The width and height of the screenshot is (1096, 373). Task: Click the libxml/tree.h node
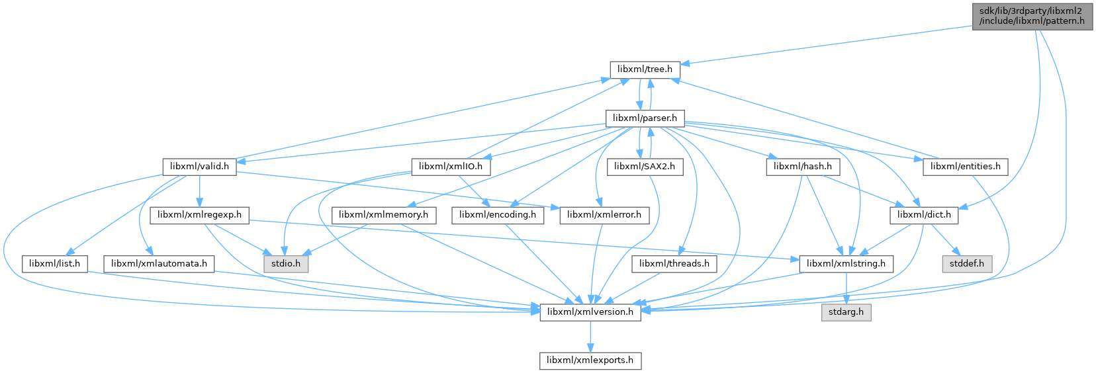coord(644,69)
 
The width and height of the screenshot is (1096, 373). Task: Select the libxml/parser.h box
coord(645,118)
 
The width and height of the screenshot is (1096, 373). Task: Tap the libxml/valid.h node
coord(199,166)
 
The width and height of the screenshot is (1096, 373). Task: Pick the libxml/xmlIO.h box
coord(451,166)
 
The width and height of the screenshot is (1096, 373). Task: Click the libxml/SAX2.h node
coord(644,166)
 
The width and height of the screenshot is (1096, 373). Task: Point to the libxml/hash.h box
coord(802,166)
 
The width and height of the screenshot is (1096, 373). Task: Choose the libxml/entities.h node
coord(965,166)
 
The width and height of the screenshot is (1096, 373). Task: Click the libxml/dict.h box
coord(923,215)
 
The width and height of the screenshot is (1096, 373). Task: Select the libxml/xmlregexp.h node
coord(200,215)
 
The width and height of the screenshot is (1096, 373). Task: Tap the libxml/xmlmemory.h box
coord(384,215)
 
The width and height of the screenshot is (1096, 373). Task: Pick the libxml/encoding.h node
coord(498,215)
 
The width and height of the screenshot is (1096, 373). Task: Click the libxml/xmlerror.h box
coord(604,215)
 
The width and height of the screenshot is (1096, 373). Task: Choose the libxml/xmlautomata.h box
coord(159,264)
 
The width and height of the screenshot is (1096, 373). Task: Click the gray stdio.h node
coord(285,264)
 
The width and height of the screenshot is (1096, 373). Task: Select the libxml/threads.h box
coord(674,264)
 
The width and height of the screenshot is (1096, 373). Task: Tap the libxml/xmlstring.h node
coord(846,264)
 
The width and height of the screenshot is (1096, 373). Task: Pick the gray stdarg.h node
coord(846,312)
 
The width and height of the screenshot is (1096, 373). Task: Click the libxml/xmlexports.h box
coord(590,360)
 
